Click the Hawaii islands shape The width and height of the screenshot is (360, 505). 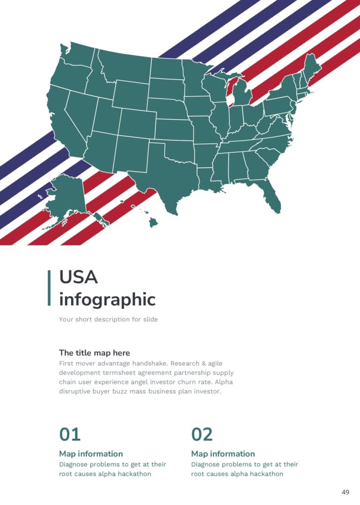click(x=152, y=222)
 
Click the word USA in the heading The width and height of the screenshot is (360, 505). click(x=78, y=277)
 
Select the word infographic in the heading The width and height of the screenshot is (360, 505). click(x=107, y=299)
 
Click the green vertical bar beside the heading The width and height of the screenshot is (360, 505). click(x=49, y=288)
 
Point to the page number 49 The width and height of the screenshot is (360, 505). click(x=345, y=492)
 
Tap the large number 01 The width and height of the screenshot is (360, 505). click(x=70, y=434)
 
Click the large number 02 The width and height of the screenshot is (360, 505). click(x=202, y=434)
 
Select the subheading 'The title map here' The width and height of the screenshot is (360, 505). click(x=94, y=353)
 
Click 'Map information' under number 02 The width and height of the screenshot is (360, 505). click(x=223, y=454)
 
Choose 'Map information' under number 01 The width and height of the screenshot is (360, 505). click(x=91, y=454)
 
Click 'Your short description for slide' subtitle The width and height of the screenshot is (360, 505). click(x=108, y=319)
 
